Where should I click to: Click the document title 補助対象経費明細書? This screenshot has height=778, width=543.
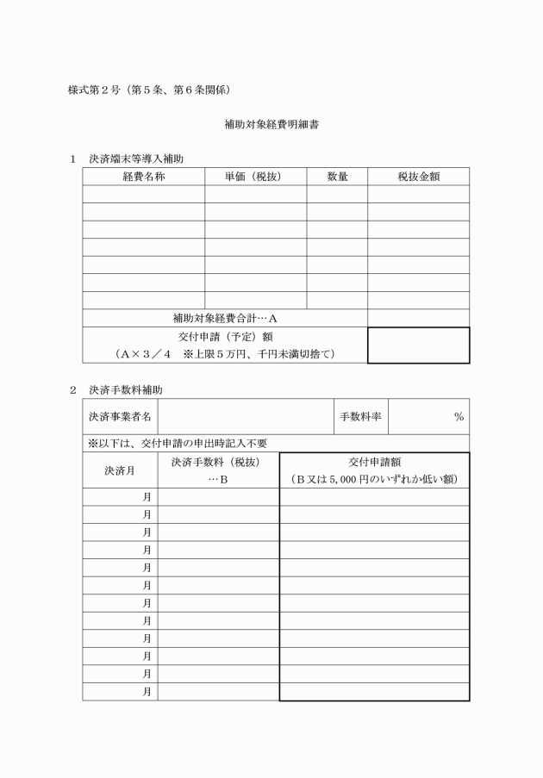click(x=271, y=124)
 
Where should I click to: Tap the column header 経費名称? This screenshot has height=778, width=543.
click(x=143, y=177)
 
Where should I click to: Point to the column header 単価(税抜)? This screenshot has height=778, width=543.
click(x=255, y=177)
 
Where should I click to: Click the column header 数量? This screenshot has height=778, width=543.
click(x=337, y=177)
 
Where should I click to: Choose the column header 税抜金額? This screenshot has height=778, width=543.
click(x=419, y=177)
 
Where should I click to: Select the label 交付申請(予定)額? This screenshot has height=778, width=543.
click(x=225, y=336)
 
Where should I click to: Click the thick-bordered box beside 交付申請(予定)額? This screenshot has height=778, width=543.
click(x=419, y=345)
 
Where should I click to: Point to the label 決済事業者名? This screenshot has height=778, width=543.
click(x=120, y=417)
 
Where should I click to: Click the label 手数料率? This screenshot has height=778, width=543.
click(x=360, y=417)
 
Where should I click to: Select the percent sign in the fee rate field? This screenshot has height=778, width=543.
click(x=459, y=417)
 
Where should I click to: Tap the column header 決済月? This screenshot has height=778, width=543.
click(x=120, y=470)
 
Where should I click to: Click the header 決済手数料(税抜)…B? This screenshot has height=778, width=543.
click(x=218, y=470)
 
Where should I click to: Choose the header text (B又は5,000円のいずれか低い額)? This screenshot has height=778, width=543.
click(x=374, y=479)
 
